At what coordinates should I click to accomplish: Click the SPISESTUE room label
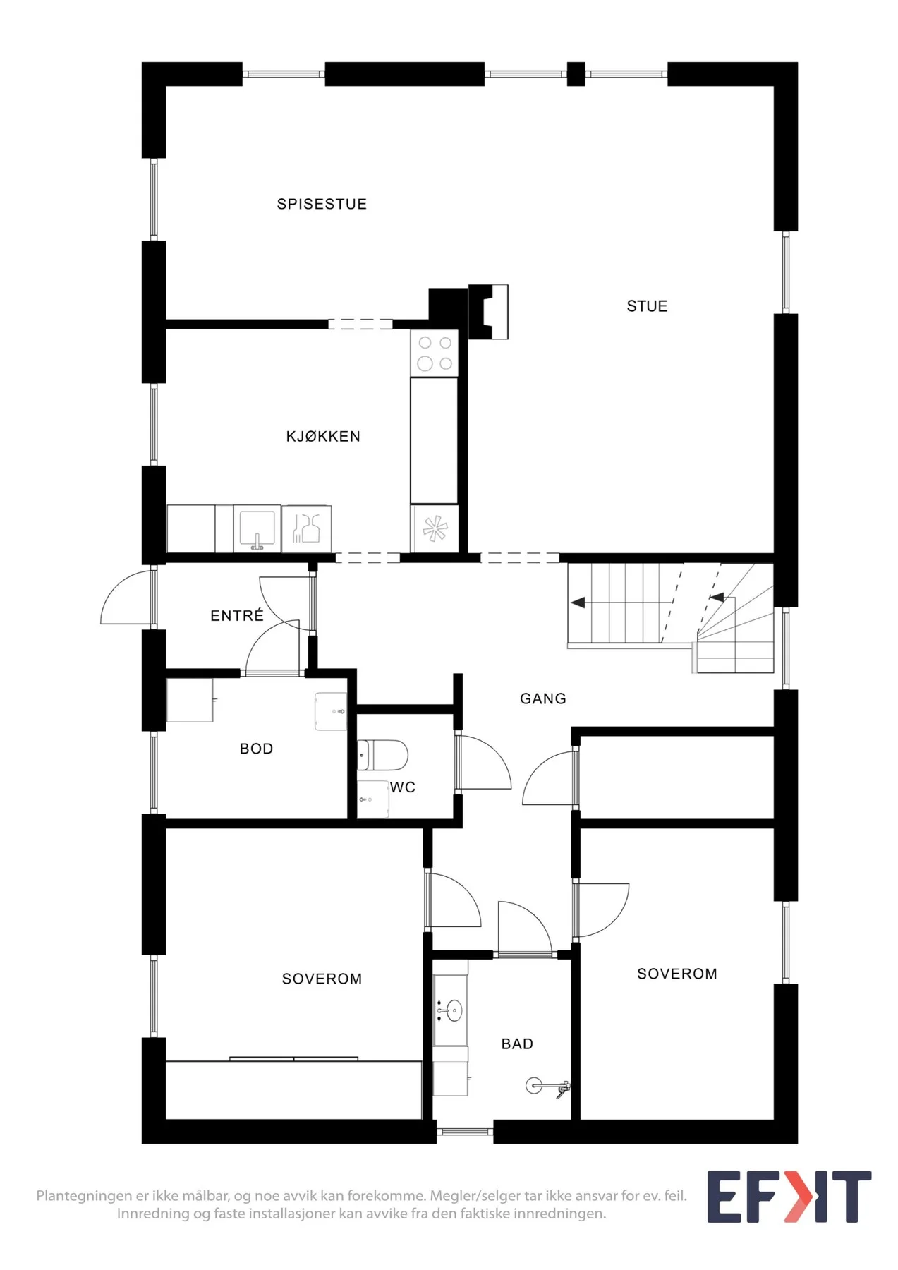click(x=322, y=204)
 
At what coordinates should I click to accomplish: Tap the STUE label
click(x=647, y=306)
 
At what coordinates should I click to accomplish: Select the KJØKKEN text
click(x=323, y=437)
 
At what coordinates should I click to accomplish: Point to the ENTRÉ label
click(x=237, y=615)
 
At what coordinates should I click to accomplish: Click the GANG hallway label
click(x=543, y=698)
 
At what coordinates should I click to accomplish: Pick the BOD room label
click(x=256, y=749)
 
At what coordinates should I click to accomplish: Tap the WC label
click(x=403, y=787)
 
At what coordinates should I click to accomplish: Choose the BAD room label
click(x=517, y=1044)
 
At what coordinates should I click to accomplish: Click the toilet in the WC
click(x=382, y=755)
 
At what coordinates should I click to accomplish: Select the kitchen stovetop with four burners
click(x=435, y=353)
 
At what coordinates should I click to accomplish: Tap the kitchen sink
click(x=257, y=529)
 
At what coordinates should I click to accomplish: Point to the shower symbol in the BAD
click(x=547, y=1087)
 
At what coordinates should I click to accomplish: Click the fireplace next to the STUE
click(x=488, y=312)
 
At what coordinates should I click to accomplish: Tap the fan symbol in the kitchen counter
click(x=435, y=528)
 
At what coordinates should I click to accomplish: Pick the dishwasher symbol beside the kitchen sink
click(x=307, y=528)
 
